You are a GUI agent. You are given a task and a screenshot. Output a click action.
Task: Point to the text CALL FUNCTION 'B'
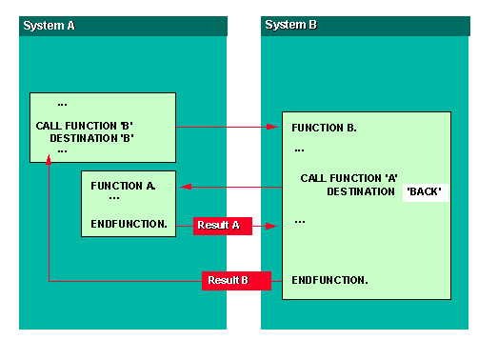pyautogui.click(x=91, y=125)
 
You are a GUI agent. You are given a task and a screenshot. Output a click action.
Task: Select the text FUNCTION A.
pyautogui.click(x=123, y=185)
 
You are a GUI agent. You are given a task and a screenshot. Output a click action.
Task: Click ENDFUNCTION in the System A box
pyautogui.click(x=129, y=224)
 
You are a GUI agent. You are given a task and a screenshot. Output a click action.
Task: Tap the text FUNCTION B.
pyautogui.click(x=324, y=127)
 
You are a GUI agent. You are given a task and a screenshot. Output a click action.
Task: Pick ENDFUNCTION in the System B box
pyautogui.click(x=329, y=280)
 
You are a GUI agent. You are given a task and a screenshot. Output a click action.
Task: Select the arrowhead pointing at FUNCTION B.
pyautogui.click(x=272, y=126)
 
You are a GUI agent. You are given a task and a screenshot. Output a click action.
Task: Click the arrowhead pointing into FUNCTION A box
pyautogui.click(x=181, y=187)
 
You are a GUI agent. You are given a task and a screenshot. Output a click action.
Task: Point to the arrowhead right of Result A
pyautogui.click(x=272, y=227)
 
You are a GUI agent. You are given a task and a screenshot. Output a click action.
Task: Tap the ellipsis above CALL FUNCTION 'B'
pyautogui.click(x=62, y=104)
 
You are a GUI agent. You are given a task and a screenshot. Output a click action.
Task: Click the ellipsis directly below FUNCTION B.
pyautogui.click(x=299, y=150)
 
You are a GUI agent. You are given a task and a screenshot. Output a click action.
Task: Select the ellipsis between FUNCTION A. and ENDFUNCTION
pyautogui.click(x=114, y=198)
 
